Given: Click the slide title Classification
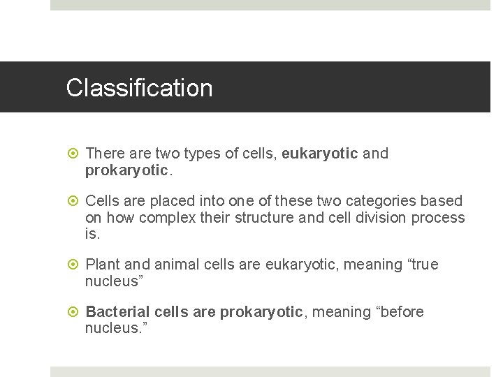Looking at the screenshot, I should pyautogui.click(x=139, y=88).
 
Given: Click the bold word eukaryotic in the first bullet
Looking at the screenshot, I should pyautogui.click(x=320, y=154).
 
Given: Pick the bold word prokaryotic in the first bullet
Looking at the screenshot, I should pyautogui.click(x=126, y=170).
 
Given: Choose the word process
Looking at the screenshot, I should pyautogui.click(x=438, y=218).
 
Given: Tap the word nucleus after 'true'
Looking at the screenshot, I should pyautogui.click(x=111, y=281).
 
